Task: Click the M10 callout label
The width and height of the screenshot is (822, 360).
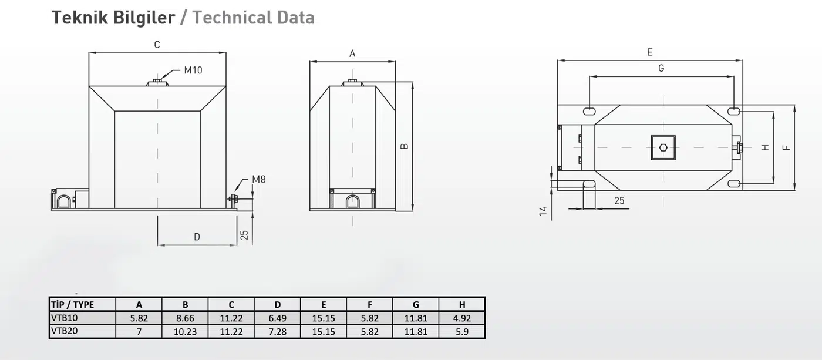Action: (x=193, y=70)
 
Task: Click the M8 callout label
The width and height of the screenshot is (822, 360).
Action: (x=259, y=180)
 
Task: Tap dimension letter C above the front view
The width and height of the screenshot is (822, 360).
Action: (x=157, y=45)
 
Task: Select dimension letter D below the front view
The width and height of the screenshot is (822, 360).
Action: (x=197, y=237)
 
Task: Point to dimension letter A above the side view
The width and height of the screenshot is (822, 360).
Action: (x=352, y=54)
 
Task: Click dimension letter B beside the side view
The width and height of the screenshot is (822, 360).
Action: (x=404, y=146)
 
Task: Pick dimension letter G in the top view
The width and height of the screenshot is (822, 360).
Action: (x=661, y=68)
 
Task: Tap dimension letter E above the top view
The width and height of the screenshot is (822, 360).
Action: (x=649, y=52)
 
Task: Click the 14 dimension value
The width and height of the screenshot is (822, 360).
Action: (x=543, y=211)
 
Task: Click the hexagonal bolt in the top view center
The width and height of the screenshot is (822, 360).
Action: (x=663, y=147)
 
